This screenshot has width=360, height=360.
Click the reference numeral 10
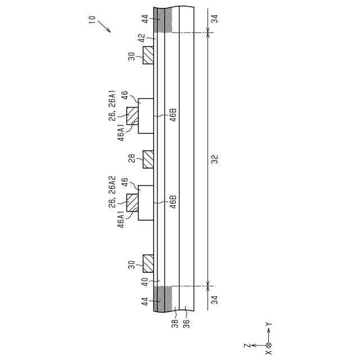(x=92, y=19)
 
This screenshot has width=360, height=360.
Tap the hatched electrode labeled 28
(x=148, y=159)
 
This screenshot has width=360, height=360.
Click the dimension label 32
(x=214, y=159)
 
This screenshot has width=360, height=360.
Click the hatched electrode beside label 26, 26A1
(x=133, y=115)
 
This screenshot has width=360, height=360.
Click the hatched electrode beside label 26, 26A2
(x=133, y=202)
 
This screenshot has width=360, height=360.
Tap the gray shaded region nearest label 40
(x=166, y=298)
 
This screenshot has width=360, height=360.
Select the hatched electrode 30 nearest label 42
(x=148, y=55)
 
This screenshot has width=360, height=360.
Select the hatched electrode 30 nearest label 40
(x=148, y=263)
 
